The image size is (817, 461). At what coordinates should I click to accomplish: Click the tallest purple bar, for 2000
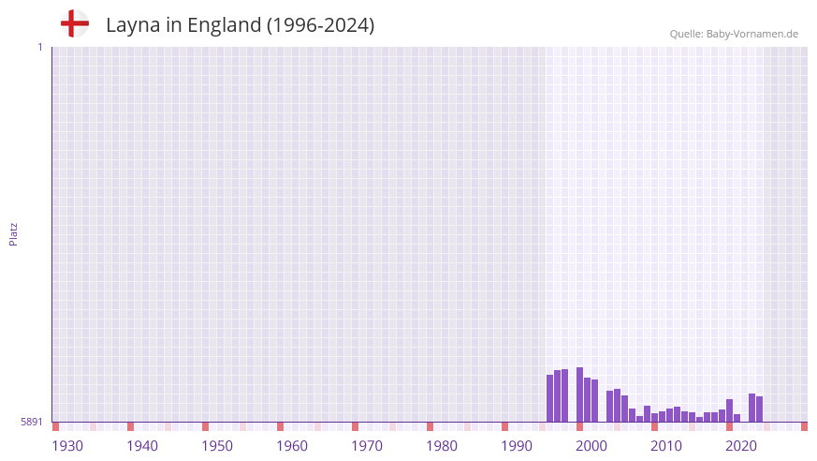pyautogui.click(x=579, y=394)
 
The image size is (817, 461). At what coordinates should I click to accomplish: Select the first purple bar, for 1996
pyautogui.click(x=549, y=398)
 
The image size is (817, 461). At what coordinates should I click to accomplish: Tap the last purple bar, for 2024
pyautogui.click(x=759, y=409)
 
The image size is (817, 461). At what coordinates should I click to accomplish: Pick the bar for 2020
pyautogui.click(x=729, y=410)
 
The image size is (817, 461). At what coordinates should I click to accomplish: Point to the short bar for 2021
pyautogui.click(x=737, y=418)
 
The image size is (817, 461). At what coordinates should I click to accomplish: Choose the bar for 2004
pyautogui.click(x=609, y=406)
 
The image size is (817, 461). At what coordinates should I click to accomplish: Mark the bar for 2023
pyautogui.click(x=751, y=408)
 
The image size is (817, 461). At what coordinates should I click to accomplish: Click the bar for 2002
pyautogui.click(x=594, y=400)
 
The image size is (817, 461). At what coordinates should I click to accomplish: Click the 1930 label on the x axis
pyautogui.click(x=67, y=446)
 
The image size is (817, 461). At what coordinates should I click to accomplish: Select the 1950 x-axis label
pyautogui.click(x=217, y=446)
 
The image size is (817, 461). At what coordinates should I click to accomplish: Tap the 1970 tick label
pyautogui.click(x=367, y=446)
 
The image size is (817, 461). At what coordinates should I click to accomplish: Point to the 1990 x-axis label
pyautogui.click(x=517, y=446)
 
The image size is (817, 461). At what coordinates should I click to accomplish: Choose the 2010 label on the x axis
pyautogui.click(x=666, y=446)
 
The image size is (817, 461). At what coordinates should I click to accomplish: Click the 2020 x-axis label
pyautogui.click(x=741, y=446)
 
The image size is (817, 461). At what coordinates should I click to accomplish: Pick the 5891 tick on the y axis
pyautogui.click(x=31, y=422)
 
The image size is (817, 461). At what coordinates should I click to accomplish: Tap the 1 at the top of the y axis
pyautogui.click(x=39, y=47)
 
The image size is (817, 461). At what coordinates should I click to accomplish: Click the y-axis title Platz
pyautogui.click(x=13, y=234)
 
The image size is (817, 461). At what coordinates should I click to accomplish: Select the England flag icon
pyautogui.click(x=75, y=24)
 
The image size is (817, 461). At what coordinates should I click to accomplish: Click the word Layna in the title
pyautogui.click(x=130, y=25)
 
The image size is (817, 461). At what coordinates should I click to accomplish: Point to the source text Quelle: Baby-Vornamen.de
pyautogui.click(x=734, y=34)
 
